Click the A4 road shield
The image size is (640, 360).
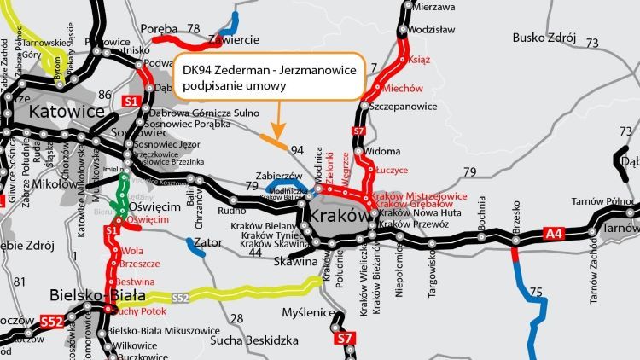click(x=554, y=230)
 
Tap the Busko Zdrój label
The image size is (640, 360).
click(x=544, y=38)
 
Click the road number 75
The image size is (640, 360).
click(x=535, y=293)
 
